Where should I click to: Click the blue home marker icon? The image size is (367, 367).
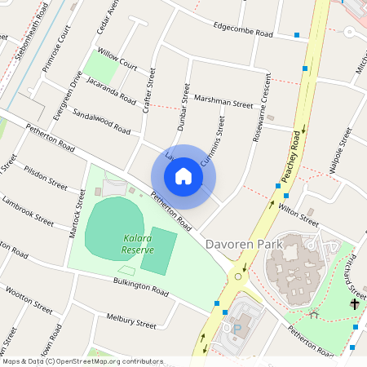(183, 176)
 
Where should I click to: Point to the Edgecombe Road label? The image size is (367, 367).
(242, 31)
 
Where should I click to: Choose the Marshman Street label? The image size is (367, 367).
(223, 101)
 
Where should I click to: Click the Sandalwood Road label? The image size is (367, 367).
(101, 122)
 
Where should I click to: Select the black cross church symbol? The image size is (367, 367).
(355, 304)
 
